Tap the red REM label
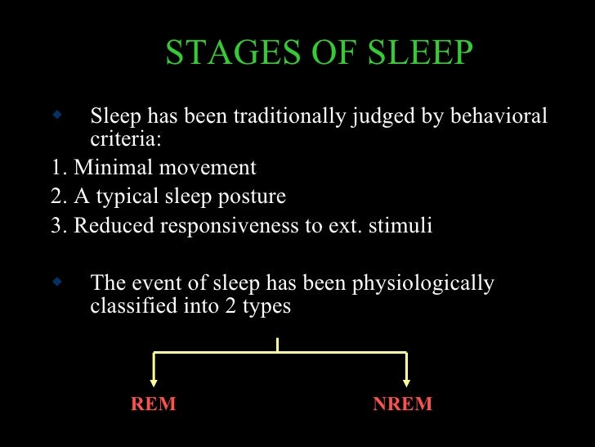pos(153,404)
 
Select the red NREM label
pos(402,404)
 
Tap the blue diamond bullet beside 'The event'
pos(56,282)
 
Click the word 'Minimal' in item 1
pos(111,168)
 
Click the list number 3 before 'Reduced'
pos(57,227)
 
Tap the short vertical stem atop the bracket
pos(278,345)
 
